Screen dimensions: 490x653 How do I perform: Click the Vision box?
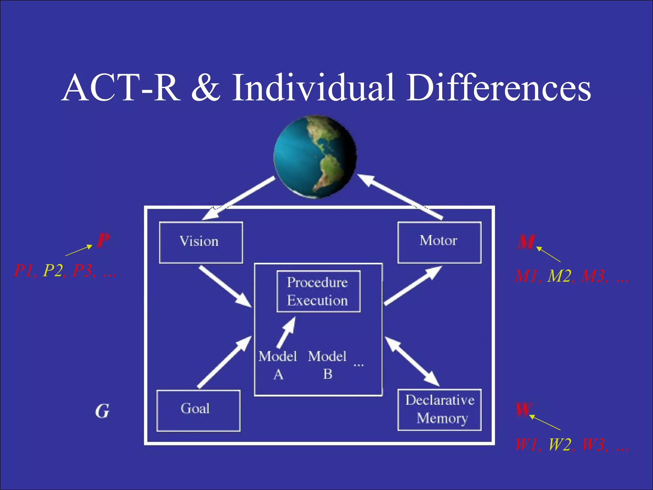click(201, 242)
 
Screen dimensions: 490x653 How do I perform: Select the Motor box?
click(439, 242)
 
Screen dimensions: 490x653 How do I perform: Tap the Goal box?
click(198, 410)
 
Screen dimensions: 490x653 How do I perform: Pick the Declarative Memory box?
click(439, 410)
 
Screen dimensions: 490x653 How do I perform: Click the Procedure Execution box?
click(318, 291)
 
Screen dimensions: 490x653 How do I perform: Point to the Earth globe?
click(315, 157)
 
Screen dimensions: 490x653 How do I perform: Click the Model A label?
click(278, 365)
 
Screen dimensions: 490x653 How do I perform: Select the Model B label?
click(327, 365)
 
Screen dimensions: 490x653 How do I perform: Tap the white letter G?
click(102, 411)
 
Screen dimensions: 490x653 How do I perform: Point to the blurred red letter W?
click(524, 410)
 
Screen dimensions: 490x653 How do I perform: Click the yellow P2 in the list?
click(53, 271)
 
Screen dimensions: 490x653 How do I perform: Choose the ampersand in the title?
click(206, 88)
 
